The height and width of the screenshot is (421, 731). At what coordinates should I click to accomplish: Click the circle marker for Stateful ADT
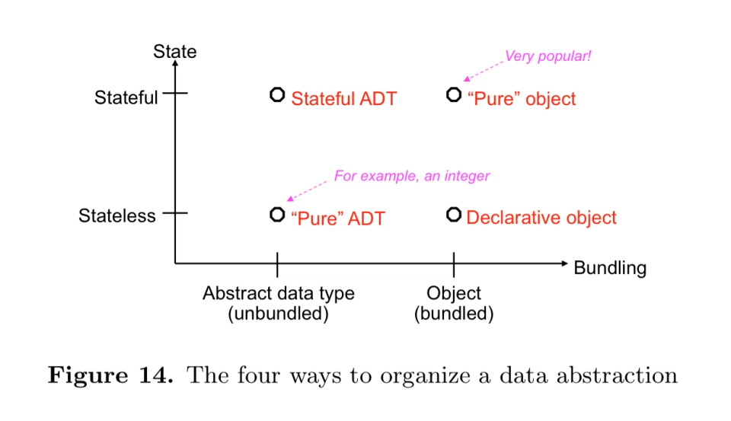277,95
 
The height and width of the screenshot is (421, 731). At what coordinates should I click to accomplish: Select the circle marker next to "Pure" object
454,95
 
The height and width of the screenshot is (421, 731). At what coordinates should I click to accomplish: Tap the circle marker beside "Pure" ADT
277,214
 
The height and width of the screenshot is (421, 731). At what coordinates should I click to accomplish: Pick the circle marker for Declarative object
454,214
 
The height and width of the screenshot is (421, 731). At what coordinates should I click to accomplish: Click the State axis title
174,52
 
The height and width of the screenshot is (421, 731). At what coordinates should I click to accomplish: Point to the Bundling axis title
609,268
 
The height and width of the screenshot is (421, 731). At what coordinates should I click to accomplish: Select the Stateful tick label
126,97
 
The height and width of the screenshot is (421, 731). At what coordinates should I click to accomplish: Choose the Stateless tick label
117,216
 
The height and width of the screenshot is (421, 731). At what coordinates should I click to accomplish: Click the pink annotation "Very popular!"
547,56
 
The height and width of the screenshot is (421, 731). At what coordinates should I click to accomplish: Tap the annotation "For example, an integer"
412,176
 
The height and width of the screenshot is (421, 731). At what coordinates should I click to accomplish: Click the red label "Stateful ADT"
344,99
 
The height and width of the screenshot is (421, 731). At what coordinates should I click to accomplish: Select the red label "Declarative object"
541,218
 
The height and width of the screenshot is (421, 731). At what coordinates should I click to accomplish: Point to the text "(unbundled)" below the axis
278,314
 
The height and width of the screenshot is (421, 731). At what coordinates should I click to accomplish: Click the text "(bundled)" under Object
454,314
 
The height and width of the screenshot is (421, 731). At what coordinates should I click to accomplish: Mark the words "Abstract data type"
278,294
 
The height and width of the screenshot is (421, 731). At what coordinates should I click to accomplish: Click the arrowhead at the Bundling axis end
564,263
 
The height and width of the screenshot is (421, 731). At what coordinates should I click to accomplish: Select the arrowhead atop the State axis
175,64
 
